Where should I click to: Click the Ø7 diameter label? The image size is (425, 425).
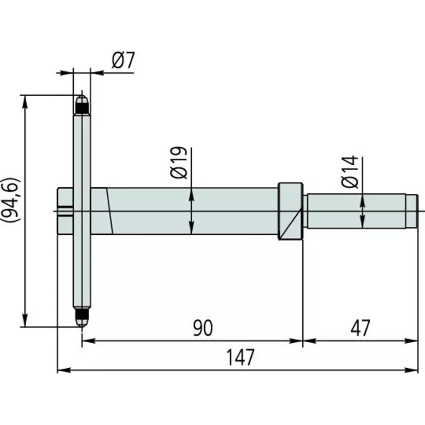[x=123, y=60]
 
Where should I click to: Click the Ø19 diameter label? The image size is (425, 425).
[x=179, y=163]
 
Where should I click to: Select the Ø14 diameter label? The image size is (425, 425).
[x=350, y=172]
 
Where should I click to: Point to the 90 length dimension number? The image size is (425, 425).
[x=203, y=328]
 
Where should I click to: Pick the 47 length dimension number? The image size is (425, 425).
[x=360, y=328]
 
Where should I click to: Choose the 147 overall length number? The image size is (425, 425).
[x=240, y=357]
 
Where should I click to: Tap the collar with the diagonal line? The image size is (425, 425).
[x=290, y=211]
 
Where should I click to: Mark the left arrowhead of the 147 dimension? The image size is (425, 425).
[x=64, y=370]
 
